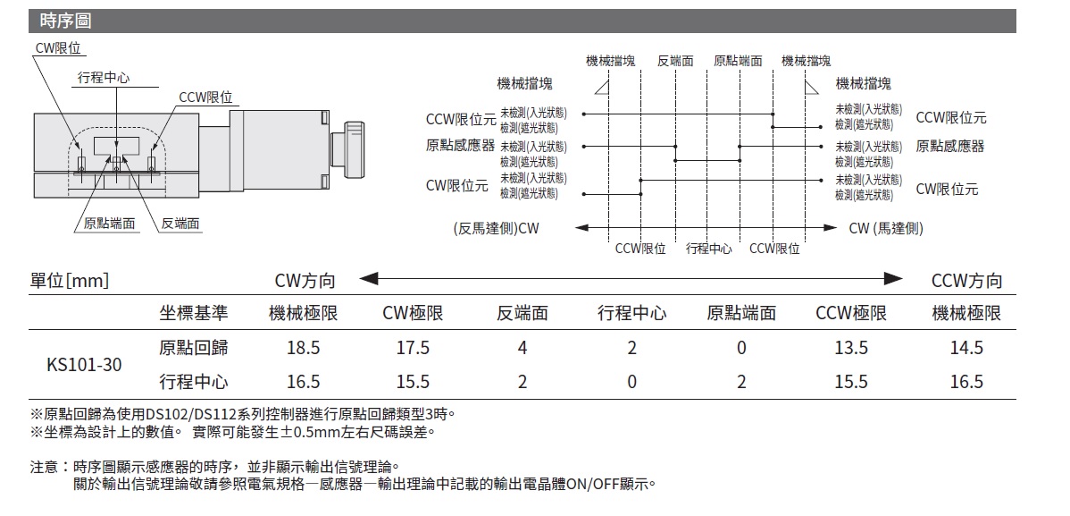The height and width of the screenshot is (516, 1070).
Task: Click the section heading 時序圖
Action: (65, 21)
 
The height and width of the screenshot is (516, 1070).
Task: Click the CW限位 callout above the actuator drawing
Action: (58, 47)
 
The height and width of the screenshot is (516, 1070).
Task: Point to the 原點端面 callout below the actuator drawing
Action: (109, 224)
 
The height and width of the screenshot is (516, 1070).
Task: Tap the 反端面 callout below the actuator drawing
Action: (180, 224)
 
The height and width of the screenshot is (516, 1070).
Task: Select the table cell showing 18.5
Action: (304, 348)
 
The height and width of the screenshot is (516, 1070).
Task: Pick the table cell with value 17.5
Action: (413, 348)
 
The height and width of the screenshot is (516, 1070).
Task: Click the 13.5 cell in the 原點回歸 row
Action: (851, 348)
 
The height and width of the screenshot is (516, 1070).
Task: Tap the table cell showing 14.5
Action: (966, 348)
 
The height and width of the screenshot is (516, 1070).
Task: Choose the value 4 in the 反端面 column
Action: (522, 348)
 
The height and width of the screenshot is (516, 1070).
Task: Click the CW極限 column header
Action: (413, 313)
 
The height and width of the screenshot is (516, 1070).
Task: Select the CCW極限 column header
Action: (851, 313)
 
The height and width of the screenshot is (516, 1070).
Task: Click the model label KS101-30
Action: (84, 365)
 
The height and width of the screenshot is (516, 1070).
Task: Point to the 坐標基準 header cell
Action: (194, 313)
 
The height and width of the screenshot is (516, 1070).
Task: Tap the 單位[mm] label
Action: (70, 280)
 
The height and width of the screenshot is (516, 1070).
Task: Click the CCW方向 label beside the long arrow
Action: (967, 280)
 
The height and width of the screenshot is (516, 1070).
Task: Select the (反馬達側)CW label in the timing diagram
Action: (496, 228)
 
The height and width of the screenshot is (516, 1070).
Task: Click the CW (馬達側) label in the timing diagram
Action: (886, 228)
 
